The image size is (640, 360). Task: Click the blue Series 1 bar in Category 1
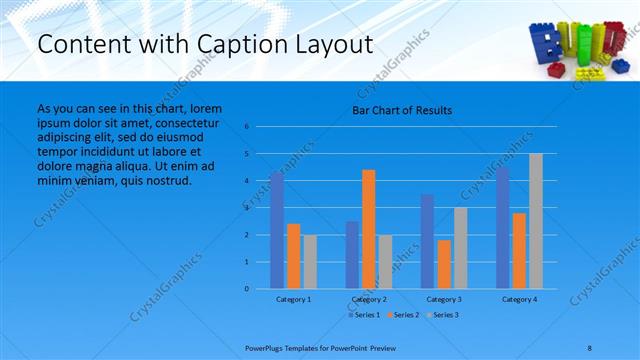point(277,230)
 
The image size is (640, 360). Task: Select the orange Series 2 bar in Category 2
point(369,229)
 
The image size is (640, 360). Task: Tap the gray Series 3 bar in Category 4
point(536,221)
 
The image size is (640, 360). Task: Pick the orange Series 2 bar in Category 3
point(444,264)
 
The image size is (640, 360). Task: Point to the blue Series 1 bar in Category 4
point(503,228)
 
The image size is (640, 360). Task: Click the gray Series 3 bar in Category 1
point(310,262)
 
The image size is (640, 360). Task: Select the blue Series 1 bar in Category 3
point(428,241)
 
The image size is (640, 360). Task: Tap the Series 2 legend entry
point(404,315)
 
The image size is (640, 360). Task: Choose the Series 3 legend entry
point(442,315)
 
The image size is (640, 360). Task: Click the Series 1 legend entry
point(365,315)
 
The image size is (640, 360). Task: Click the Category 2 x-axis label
point(369,299)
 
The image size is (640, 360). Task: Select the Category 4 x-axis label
point(519,299)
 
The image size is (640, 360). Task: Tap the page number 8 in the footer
point(590,346)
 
